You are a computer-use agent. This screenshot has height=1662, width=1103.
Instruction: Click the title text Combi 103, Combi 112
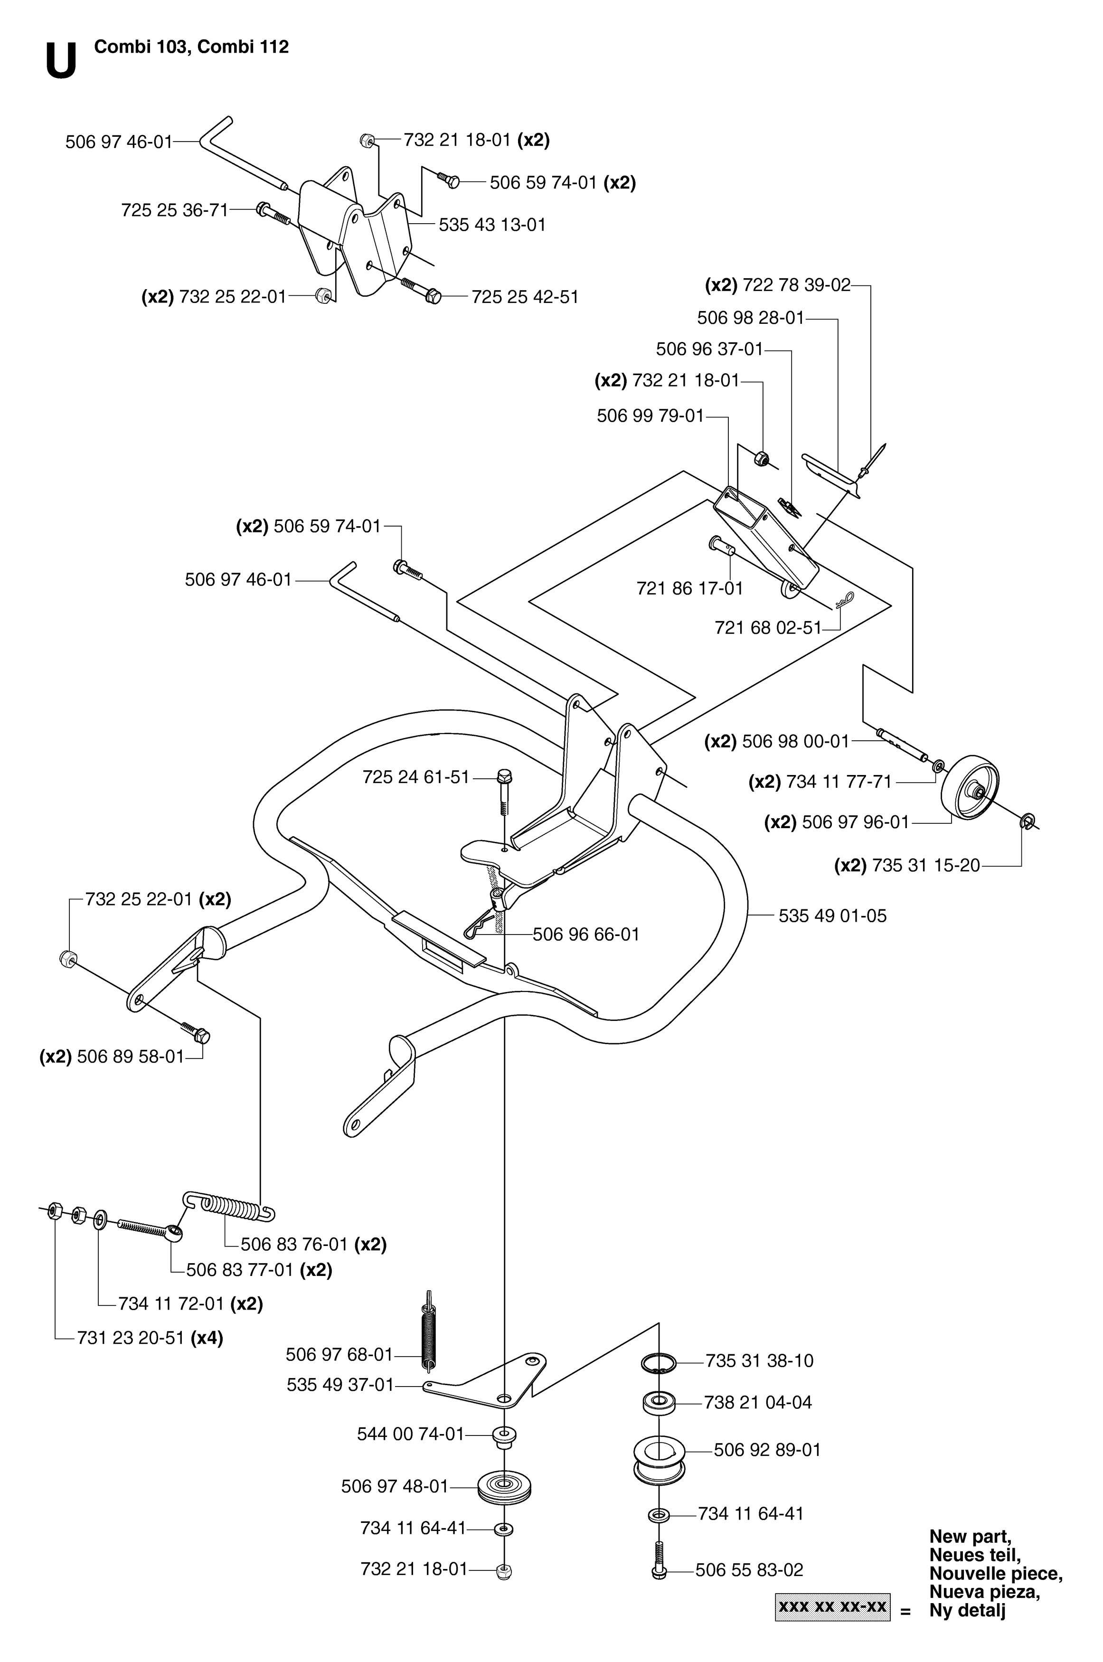(191, 47)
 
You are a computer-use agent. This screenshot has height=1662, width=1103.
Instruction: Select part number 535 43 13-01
(492, 225)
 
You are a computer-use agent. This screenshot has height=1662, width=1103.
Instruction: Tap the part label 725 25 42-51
(525, 297)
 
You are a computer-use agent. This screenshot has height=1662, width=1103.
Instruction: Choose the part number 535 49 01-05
(833, 916)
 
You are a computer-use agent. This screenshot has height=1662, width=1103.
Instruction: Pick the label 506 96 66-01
(586, 934)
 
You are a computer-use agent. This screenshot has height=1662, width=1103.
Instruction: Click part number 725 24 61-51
(416, 777)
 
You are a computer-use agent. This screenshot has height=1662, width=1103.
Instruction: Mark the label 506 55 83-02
(749, 1570)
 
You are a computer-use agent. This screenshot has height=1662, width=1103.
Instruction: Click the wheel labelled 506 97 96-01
(970, 788)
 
